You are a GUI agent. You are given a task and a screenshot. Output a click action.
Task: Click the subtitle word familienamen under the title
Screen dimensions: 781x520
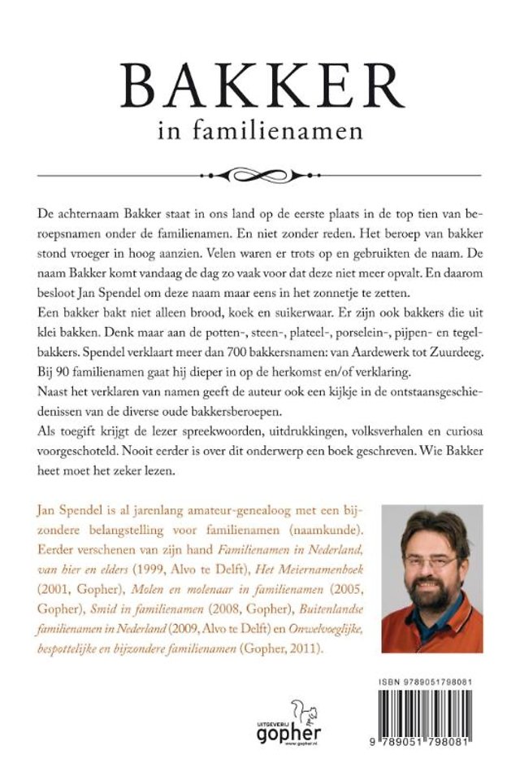coord(291,129)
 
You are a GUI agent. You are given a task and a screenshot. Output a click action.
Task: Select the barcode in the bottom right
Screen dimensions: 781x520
coord(432,705)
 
